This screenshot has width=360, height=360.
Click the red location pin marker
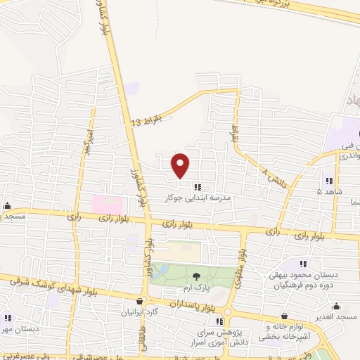click(181, 165)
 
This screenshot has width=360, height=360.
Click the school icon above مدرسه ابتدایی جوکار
click(198, 187)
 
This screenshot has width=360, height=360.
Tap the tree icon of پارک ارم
click(196, 276)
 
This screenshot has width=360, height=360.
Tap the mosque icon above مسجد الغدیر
click(337, 306)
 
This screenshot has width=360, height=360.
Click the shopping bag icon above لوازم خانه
click(284, 316)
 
